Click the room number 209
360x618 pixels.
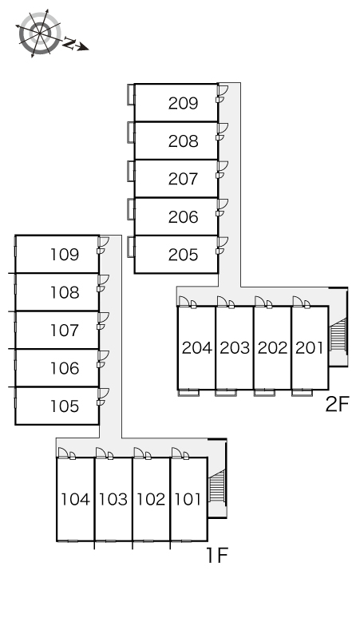pyautogui.click(x=183, y=103)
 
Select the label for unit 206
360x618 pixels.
pyautogui.click(x=183, y=216)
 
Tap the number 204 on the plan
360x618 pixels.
pyautogui.click(x=196, y=347)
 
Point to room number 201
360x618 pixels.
pyautogui.click(x=309, y=347)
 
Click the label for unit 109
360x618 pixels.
pyautogui.click(x=65, y=255)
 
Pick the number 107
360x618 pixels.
pyautogui.click(x=65, y=331)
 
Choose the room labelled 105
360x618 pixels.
pyautogui.click(x=65, y=406)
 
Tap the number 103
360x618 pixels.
pyautogui.click(x=113, y=499)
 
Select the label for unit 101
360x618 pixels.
pyautogui.click(x=188, y=499)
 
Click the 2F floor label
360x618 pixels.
pyautogui.click(x=338, y=404)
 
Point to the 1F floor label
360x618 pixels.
pyautogui.click(x=217, y=556)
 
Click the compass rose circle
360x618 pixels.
pyautogui.click(x=40, y=33)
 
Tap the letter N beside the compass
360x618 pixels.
pyautogui.click(x=69, y=43)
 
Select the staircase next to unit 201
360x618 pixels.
pyautogui.click(x=338, y=335)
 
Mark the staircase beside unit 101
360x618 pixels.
pyautogui.click(x=217, y=486)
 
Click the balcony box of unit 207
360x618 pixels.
pyautogui.click(x=131, y=172)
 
